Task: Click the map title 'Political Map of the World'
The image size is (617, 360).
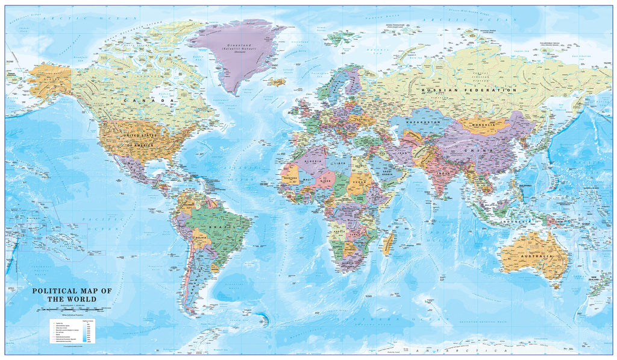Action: [x=72, y=295]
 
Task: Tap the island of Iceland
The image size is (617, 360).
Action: [x=278, y=81]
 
